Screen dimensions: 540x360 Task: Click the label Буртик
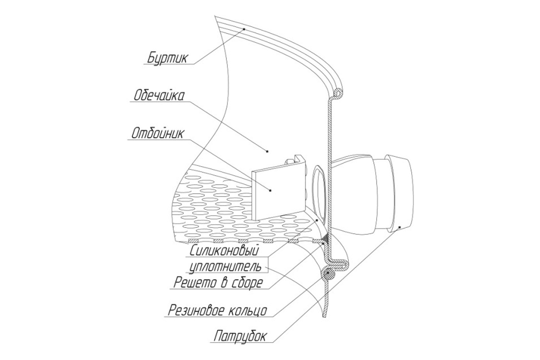[168, 57]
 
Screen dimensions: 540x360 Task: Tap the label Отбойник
[158, 133]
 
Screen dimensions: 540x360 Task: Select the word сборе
[247, 283]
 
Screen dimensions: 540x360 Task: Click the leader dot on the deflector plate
[270, 190]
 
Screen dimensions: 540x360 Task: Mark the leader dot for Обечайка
[267, 151]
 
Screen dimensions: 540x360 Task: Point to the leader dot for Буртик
[244, 29]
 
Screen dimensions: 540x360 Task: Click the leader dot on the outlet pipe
[399, 226]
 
